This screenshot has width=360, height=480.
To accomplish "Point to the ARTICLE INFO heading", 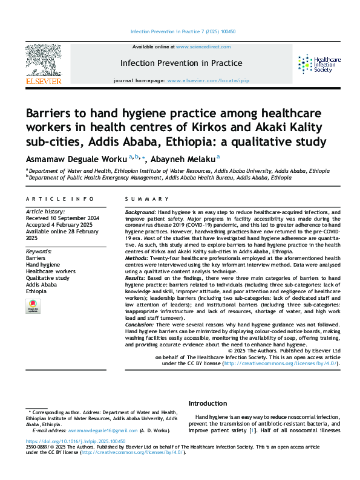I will tap(60, 199).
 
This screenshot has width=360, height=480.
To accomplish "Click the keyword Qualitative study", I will tap(48, 277).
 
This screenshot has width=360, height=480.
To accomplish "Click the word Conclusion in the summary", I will tap(141, 325).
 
